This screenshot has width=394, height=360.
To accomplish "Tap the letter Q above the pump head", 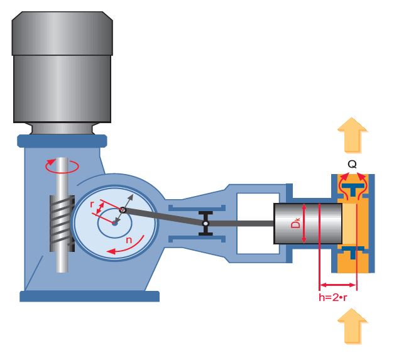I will point(352,164).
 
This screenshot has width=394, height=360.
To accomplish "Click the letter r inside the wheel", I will point(92,205).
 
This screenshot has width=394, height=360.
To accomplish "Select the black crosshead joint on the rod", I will point(205,223).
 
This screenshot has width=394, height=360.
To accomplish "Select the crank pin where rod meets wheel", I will point(123,210).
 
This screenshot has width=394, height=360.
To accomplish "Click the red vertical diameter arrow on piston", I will point(304,224).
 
